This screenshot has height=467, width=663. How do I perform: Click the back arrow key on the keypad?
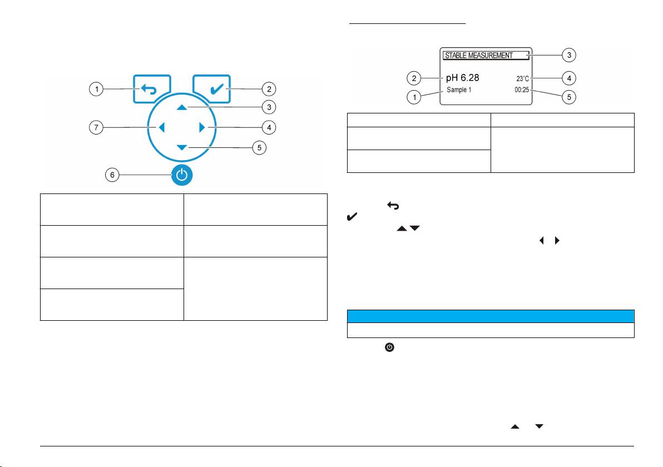[151, 89]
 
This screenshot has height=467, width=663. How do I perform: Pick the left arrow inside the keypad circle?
[161, 128]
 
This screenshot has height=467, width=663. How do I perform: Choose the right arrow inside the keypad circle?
[202, 128]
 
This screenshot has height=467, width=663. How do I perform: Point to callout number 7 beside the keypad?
[97, 128]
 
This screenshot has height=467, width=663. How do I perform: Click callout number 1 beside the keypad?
[97, 89]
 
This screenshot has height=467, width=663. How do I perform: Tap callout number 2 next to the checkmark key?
[269, 89]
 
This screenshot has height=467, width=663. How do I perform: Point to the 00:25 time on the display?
[522, 90]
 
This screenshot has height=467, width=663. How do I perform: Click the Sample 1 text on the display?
[458, 90]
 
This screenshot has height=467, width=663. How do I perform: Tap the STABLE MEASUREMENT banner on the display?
[485, 56]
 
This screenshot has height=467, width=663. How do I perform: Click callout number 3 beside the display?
[569, 55]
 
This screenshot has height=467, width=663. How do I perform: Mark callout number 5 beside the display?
[569, 97]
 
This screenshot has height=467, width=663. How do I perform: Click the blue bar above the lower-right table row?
[491, 316]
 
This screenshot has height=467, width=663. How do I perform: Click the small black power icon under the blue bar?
[390, 347]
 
